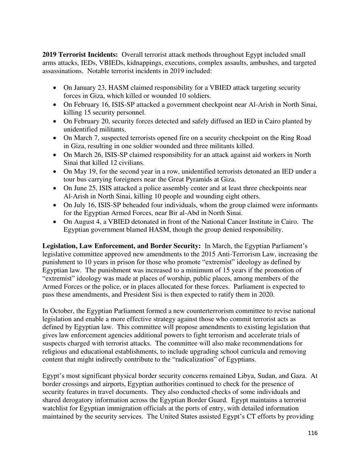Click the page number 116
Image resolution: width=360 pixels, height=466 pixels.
313,433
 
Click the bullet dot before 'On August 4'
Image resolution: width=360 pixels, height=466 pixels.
55,222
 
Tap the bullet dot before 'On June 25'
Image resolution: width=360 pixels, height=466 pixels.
55,189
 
